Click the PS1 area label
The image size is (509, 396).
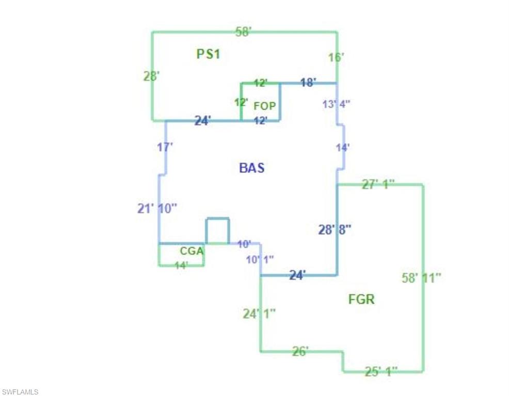click(208, 54)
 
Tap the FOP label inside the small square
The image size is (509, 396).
click(265, 106)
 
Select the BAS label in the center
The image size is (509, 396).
click(252, 168)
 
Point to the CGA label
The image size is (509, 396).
click(192, 251)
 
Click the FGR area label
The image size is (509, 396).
click(361, 299)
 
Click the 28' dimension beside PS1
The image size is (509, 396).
click(151, 76)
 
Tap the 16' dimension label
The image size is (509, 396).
click(336, 57)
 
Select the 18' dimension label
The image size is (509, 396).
click(308, 82)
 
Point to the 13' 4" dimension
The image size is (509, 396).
click(337, 104)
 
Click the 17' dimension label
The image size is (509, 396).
click(165, 147)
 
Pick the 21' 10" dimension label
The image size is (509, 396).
click(157, 208)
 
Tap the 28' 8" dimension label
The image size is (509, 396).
click(335, 230)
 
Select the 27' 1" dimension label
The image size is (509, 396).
click(378, 184)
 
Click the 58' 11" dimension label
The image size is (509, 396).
click(421, 277)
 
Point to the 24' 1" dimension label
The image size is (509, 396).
click(259, 313)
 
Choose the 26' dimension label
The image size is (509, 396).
click(300, 352)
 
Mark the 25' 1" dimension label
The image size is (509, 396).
click(381, 371)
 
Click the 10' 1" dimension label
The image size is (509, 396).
click(260, 259)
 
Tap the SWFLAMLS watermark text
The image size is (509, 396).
click(20, 392)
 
